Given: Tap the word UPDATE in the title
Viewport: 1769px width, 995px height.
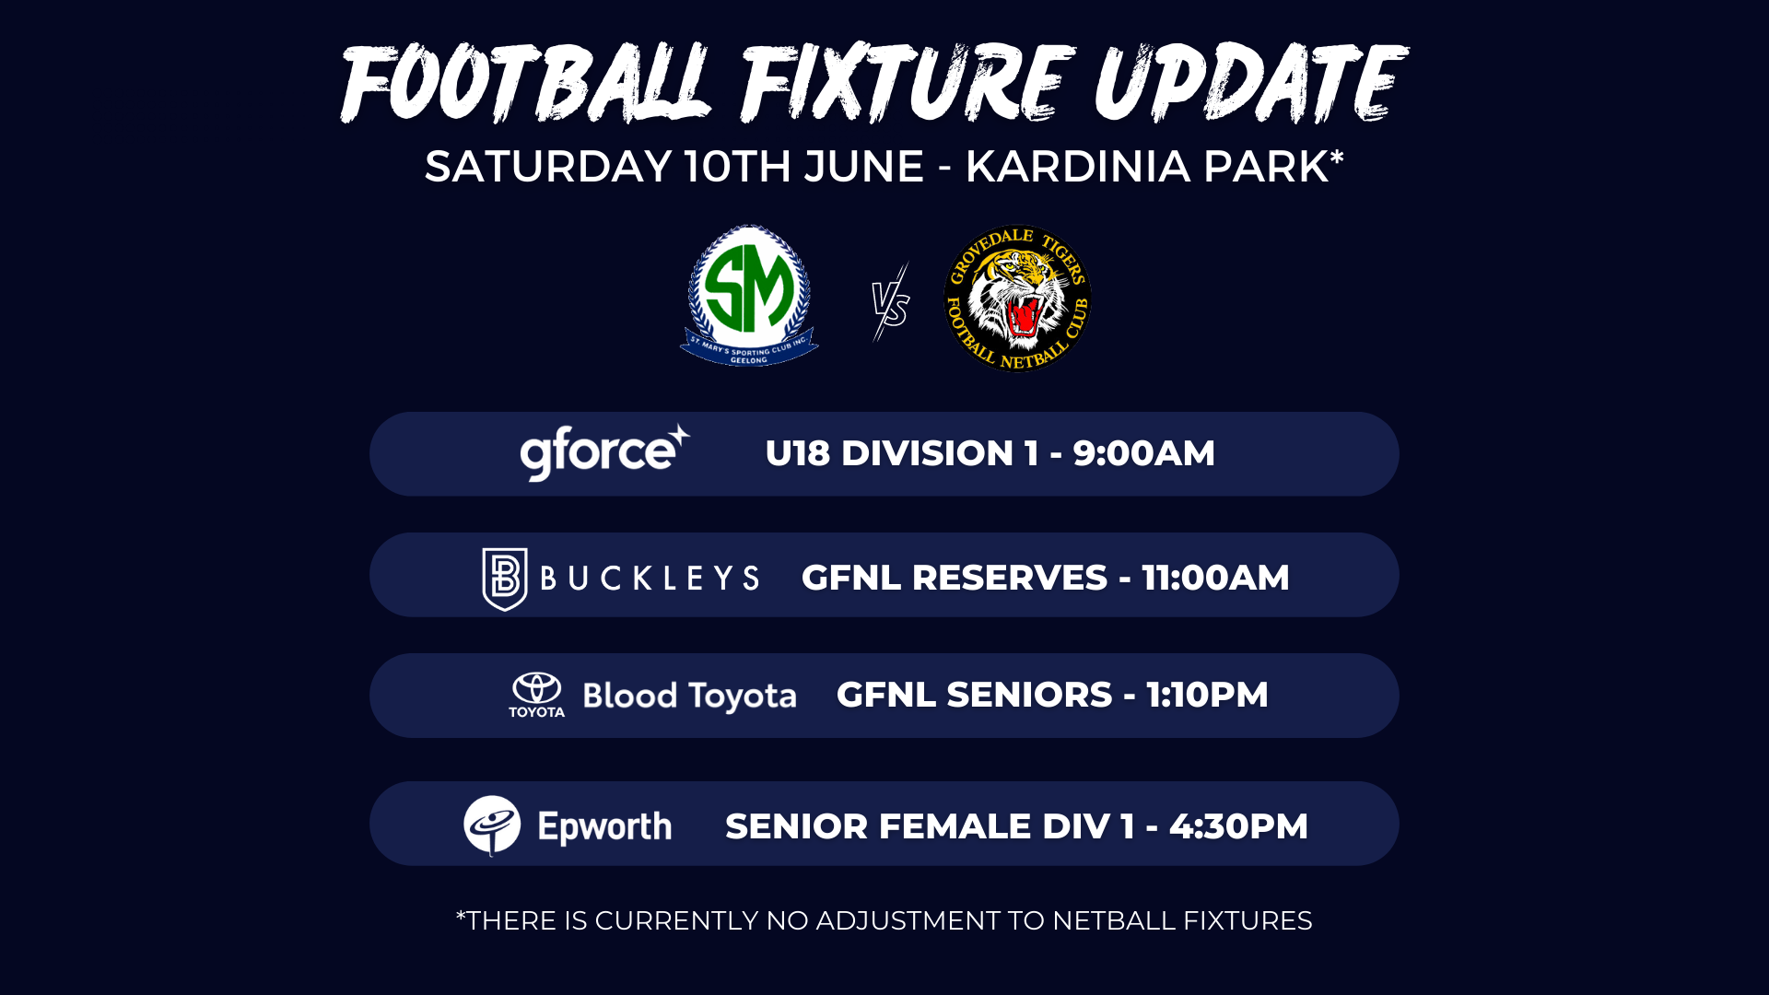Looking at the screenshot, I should point(1250,83).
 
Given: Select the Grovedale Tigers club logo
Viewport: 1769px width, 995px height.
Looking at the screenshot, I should point(1017,298).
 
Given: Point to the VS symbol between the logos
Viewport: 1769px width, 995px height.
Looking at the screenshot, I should point(891,303).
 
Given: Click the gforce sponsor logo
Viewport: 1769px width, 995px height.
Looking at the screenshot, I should point(604,451).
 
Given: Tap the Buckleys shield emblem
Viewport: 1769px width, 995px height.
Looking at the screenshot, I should point(505,579).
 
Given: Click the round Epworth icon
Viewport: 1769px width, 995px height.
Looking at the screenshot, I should point(492,825).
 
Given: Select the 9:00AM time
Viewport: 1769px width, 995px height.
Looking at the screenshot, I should point(1143,453).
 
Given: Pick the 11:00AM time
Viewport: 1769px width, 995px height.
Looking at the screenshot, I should point(1215,578).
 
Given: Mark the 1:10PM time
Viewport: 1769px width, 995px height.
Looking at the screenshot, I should point(1207,695).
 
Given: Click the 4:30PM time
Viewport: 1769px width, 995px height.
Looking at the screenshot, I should point(1238,826).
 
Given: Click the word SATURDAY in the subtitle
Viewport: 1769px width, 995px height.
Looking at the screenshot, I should point(548,167).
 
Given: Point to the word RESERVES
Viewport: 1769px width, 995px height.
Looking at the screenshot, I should point(1009,578).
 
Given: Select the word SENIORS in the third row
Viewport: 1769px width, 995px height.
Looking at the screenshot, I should point(1029,695).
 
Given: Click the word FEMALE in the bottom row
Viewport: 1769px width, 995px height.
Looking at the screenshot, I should point(955,826).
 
